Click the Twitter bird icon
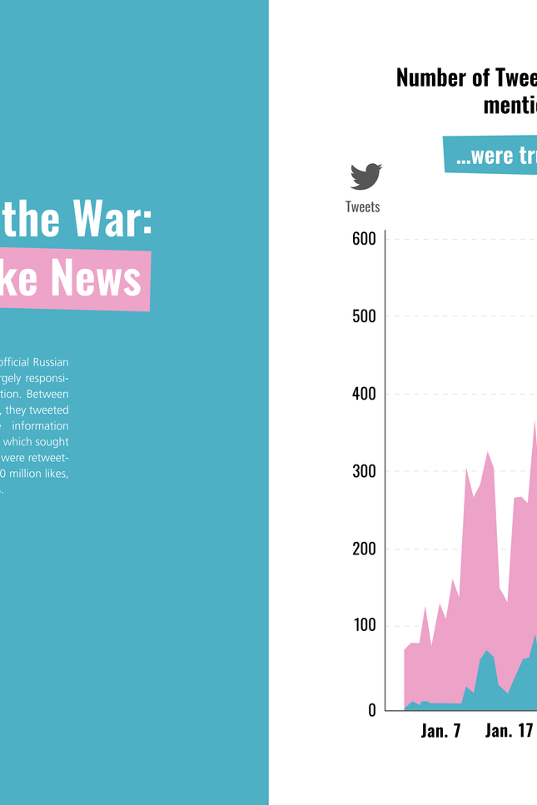click(365, 176)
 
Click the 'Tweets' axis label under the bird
click(362, 206)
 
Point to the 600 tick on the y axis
click(364, 239)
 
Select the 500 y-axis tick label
click(364, 316)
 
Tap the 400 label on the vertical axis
click(364, 394)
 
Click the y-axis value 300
click(364, 471)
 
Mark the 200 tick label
click(364, 549)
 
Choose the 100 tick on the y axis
click(364, 626)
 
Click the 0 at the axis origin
click(372, 710)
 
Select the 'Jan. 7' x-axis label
click(440, 731)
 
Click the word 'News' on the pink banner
click(95, 278)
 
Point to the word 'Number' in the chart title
click(430, 78)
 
